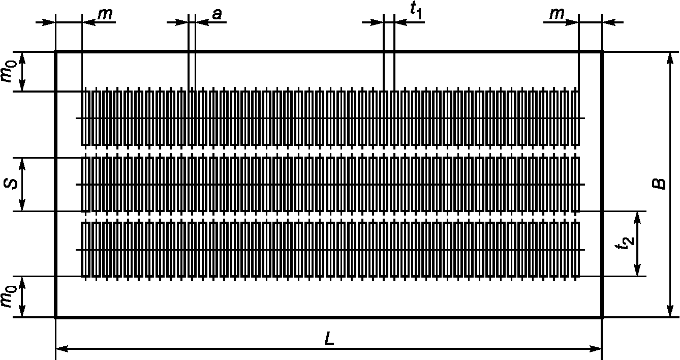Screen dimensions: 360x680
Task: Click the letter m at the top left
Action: pyautogui.click(x=105, y=15)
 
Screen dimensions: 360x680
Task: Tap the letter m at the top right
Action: pyautogui.click(x=557, y=15)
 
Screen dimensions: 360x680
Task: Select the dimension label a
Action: pyautogui.click(x=217, y=15)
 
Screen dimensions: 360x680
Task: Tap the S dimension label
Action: pyautogui.click(x=9, y=184)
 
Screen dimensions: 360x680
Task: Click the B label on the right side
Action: pyautogui.click(x=659, y=184)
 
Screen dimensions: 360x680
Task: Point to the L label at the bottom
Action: pyautogui.click(x=329, y=340)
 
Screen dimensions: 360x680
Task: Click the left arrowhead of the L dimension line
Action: pyautogui.click(x=59, y=349)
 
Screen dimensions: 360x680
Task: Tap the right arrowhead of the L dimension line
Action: pyautogui.click(x=598, y=349)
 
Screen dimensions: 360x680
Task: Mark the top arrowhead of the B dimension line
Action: pyautogui.click(x=667, y=55)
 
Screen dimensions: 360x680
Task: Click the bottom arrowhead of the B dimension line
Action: pyautogui.click(x=667, y=313)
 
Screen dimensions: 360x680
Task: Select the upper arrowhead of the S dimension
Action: pyautogui.click(x=22, y=161)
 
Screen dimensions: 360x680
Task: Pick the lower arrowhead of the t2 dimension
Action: pyautogui.click(x=638, y=273)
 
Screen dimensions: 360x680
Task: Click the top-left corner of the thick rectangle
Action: pyautogui.click(x=55, y=52)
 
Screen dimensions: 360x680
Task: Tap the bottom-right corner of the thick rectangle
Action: pyautogui.click(x=602, y=317)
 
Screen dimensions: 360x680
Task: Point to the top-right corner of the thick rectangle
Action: pyautogui.click(x=602, y=52)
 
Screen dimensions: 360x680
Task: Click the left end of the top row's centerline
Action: pyautogui.click(x=76, y=118)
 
